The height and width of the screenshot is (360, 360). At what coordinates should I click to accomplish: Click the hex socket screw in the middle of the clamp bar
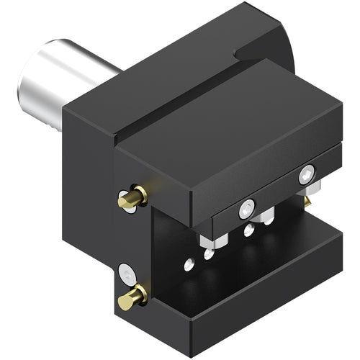[247, 209]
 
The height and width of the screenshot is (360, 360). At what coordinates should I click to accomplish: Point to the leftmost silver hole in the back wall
[189, 264]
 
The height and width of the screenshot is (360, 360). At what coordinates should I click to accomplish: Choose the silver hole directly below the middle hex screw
[248, 231]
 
